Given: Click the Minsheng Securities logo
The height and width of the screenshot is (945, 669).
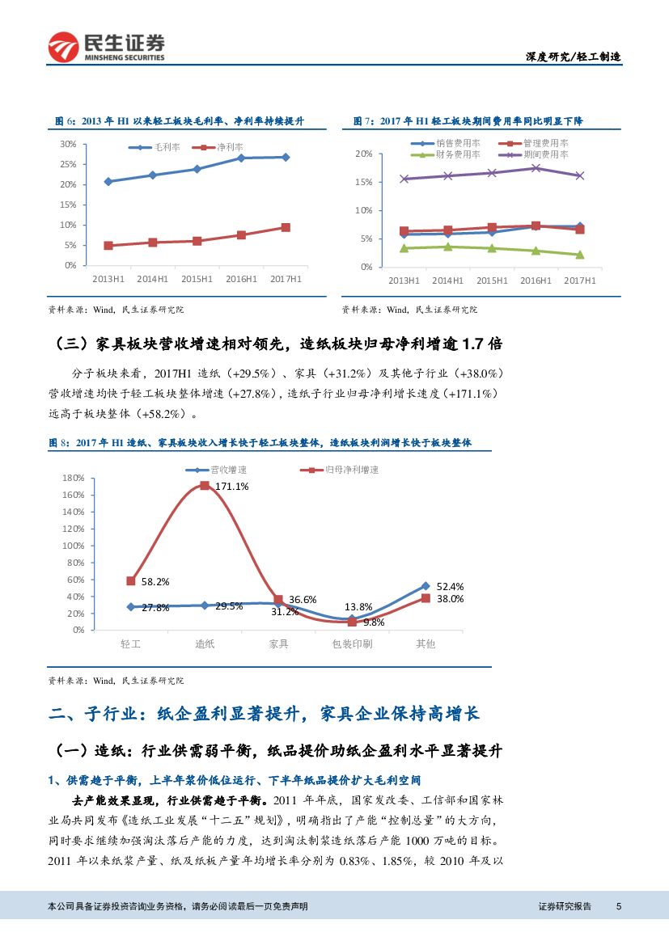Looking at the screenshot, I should tap(106, 48).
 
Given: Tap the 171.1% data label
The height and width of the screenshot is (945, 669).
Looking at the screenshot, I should tap(231, 486).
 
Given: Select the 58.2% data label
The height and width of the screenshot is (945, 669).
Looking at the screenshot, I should tap(155, 581).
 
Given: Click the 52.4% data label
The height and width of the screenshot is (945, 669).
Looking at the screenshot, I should tap(450, 586).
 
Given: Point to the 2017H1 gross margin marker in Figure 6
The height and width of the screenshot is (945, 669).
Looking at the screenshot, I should tap(286, 157).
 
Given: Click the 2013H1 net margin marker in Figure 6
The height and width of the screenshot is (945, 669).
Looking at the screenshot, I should tap(108, 245).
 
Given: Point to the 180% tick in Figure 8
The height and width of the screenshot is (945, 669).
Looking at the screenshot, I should tap(74, 478).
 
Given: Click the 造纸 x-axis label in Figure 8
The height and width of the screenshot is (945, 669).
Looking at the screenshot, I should tap(205, 643).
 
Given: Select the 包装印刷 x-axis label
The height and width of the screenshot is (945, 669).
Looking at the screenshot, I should tap(352, 643).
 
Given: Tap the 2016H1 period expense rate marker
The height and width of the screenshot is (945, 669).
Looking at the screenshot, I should tap(536, 168).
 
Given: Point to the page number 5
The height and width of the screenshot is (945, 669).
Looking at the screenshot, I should tap(618, 907).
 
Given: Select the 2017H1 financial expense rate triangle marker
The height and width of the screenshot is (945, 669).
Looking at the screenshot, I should tap(579, 255).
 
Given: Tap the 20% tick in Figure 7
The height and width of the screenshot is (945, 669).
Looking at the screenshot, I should tap(364, 154).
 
